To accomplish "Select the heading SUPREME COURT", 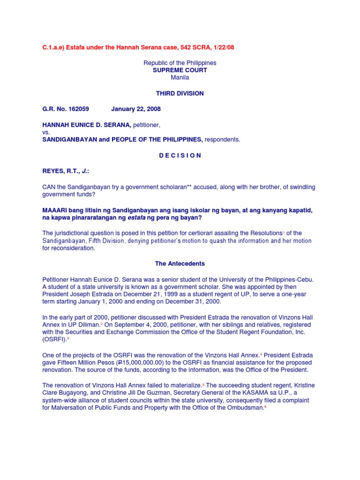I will click(180, 70).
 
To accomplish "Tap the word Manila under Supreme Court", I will click(180, 78).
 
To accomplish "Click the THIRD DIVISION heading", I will click(180, 93).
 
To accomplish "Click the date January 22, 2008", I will click(136, 109).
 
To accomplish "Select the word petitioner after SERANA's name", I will click(150, 124).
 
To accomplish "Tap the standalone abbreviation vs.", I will click(46, 132).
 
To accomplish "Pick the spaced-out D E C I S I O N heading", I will click(180, 155).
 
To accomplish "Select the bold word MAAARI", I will click(55, 210).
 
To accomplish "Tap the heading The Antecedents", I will click(180, 263).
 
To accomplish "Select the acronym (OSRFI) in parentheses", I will click(55, 339).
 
